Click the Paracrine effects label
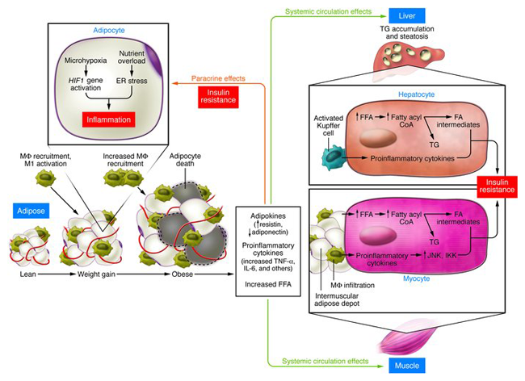(x=219, y=79)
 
